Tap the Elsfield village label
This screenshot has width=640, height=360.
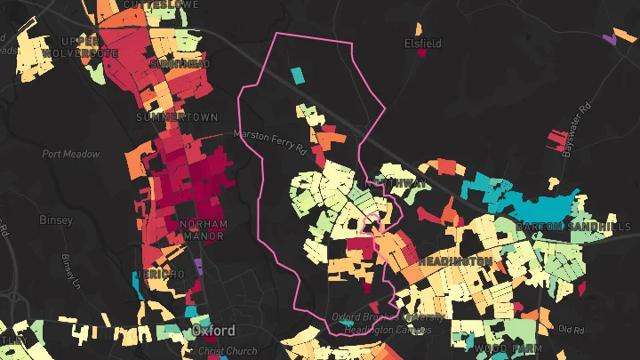point(422,42)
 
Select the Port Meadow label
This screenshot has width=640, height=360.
point(71,154)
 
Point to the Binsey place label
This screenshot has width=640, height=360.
point(55,219)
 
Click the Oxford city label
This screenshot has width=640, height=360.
point(213,331)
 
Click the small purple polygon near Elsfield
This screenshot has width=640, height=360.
point(610,38)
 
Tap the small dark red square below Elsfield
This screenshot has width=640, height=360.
point(422,52)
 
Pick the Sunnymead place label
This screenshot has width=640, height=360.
point(180,65)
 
